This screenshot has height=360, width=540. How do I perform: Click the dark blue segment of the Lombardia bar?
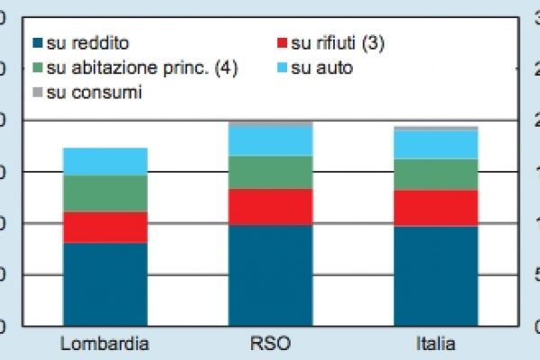click(x=104, y=283)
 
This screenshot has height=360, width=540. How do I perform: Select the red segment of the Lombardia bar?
click(x=104, y=227)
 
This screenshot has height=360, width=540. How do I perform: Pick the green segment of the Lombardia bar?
click(x=104, y=193)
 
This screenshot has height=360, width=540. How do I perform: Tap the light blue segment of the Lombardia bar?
click(x=104, y=162)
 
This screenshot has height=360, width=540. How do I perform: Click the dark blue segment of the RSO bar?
click(x=270, y=274)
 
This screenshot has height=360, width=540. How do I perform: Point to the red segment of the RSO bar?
click(x=270, y=207)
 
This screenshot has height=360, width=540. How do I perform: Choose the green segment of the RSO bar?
click(x=270, y=172)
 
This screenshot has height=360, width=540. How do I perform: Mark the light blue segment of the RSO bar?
click(x=270, y=140)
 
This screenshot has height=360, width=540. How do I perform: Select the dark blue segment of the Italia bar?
click(x=436, y=275)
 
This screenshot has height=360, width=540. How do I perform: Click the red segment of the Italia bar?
click(x=436, y=208)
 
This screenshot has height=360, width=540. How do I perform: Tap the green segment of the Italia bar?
click(x=436, y=175)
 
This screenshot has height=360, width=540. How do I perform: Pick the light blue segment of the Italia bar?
click(x=436, y=145)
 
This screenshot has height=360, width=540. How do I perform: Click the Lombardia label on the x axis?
click(x=104, y=344)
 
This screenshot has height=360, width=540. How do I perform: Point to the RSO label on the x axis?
click(x=270, y=344)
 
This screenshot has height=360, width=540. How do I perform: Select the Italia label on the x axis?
click(x=436, y=344)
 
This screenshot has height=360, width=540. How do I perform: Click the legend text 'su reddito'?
click(x=87, y=43)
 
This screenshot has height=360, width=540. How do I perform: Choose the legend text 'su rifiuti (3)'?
click(x=337, y=43)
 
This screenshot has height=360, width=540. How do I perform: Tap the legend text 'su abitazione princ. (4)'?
click(x=141, y=67)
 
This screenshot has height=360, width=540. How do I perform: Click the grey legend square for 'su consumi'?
click(x=37, y=92)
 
